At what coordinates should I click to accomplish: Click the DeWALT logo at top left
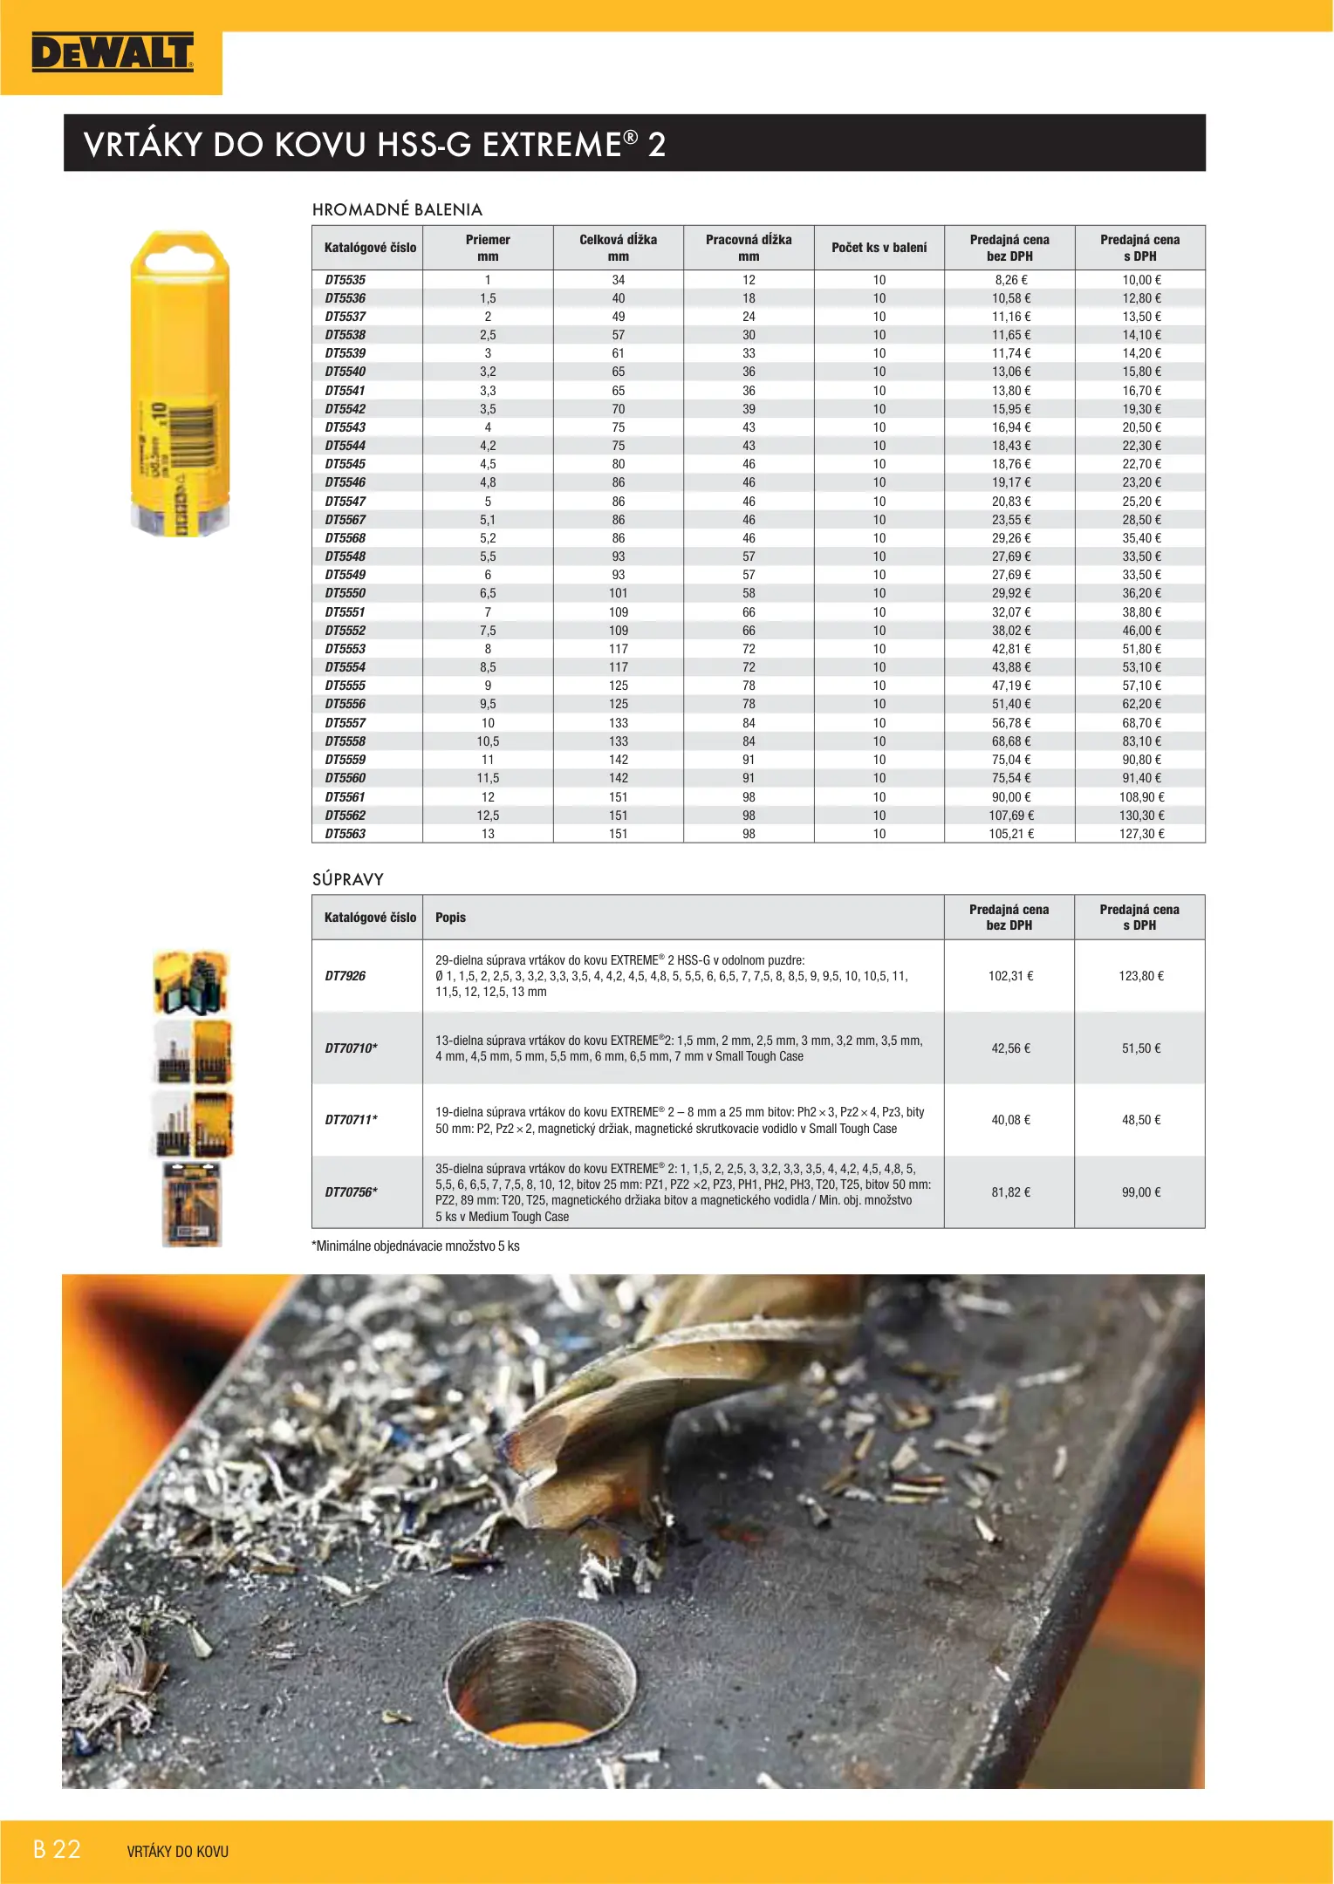coord(112,53)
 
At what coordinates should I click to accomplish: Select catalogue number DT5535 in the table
coord(345,280)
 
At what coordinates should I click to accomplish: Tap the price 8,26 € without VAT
coord(1010,280)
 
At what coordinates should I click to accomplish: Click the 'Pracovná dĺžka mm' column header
coord(749,248)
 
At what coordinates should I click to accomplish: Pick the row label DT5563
coord(345,834)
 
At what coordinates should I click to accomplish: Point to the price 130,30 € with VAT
coord(1140,816)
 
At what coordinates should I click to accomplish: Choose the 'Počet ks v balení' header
coord(879,248)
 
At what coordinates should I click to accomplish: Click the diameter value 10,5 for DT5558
coord(488,741)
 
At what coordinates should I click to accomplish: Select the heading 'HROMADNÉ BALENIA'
coord(397,209)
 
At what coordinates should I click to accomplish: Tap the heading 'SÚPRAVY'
coord(348,879)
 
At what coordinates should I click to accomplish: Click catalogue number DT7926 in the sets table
coord(345,976)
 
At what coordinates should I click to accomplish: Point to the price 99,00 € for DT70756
coord(1140,1192)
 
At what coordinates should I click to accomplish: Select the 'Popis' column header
coord(450,918)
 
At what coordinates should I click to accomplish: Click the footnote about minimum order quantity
coord(415,1246)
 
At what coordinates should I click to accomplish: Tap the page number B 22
coord(57,1850)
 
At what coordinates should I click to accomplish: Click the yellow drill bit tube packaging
coord(180,384)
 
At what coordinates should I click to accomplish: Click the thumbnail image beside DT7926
coord(191,982)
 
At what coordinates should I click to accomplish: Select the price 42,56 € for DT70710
coord(1010,1048)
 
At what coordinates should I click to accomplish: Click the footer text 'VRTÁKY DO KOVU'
coord(177,1852)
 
